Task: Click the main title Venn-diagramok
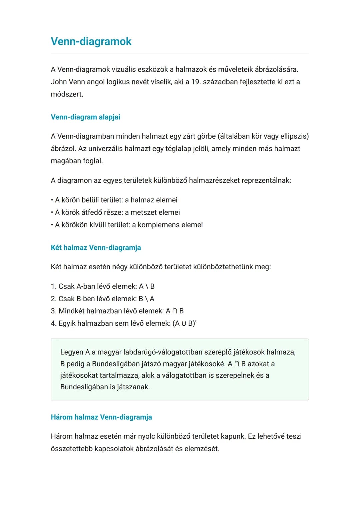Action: (x=91, y=41)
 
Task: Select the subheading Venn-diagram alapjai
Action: (x=85, y=117)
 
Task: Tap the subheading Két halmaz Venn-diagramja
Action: (x=96, y=248)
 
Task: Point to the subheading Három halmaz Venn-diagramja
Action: (x=101, y=417)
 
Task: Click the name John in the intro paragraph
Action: (x=59, y=82)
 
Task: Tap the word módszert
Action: (x=67, y=94)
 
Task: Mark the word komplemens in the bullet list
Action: (x=157, y=225)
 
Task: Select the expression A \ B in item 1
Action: (x=147, y=287)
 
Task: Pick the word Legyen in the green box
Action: (x=72, y=352)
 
